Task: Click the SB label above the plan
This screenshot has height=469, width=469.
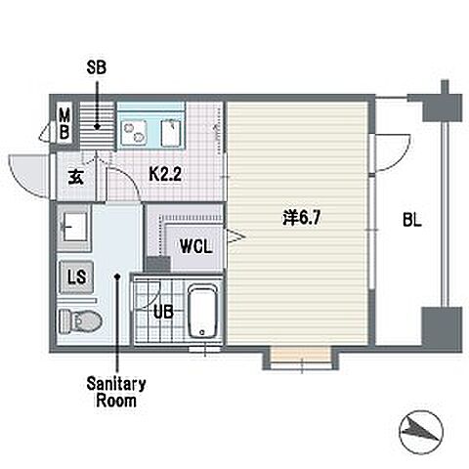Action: pyautogui.click(x=97, y=67)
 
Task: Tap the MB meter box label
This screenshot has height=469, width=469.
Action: pyautogui.click(x=64, y=124)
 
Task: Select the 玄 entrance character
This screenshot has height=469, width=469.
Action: pyautogui.click(x=75, y=178)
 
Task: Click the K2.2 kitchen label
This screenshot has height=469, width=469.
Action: pyautogui.click(x=165, y=174)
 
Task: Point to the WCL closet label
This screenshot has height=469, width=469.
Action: pyautogui.click(x=196, y=246)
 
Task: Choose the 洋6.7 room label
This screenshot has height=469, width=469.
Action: pyautogui.click(x=302, y=218)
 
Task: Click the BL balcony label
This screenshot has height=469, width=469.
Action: pyautogui.click(x=412, y=220)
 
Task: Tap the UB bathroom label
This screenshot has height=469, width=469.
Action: pyautogui.click(x=163, y=313)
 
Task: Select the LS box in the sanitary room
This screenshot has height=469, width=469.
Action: pyautogui.click(x=77, y=277)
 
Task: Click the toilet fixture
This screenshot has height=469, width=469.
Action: pyautogui.click(x=80, y=321)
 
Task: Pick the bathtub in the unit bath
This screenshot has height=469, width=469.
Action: pyautogui.click(x=202, y=312)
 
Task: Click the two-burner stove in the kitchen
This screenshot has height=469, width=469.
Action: pyautogui.click(x=134, y=132)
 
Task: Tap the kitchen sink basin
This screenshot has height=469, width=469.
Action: pyautogui.click(x=171, y=133)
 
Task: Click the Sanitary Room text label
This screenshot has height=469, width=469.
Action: pyautogui.click(x=116, y=392)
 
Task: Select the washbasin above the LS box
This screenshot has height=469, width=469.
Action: pyautogui.click(x=73, y=228)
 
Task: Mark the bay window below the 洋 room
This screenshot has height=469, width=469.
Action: pyautogui.click(x=301, y=359)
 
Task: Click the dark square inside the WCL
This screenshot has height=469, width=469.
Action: pyautogui.click(x=158, y=263)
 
